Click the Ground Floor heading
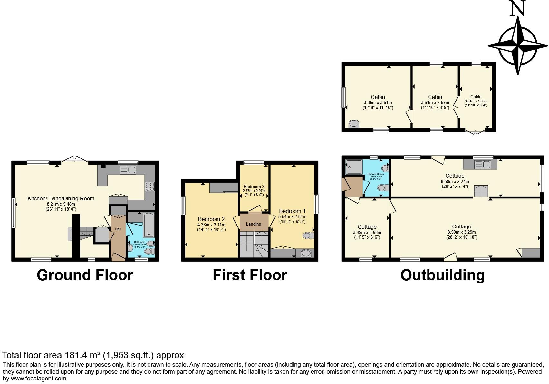coord(85,275)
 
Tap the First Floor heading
coord(250,275)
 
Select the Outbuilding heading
coord(442,275)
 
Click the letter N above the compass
coord(517,8)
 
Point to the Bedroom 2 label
coord(211,219)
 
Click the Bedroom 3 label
coord(254,187)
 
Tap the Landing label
coord(254,224)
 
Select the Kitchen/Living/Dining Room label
coord(61,198)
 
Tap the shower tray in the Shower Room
coord(354,167)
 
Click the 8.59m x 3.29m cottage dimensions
coord(461,232)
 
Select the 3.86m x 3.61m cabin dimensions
coord(378,102)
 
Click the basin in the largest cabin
coord(354,123)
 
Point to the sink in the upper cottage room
coord(483,165)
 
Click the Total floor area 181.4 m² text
coord(93,355)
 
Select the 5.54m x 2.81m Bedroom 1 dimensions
coord(292,216)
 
